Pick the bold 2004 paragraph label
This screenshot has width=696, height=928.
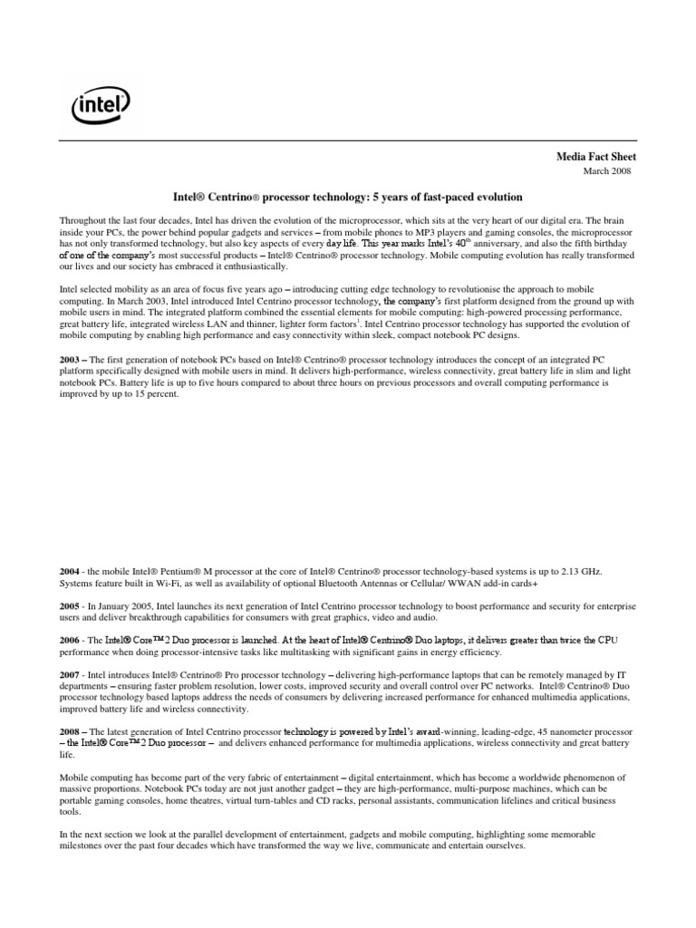pos(71,572)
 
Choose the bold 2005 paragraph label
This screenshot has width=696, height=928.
pos(71,604)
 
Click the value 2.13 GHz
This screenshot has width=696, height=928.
pos(581,572)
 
